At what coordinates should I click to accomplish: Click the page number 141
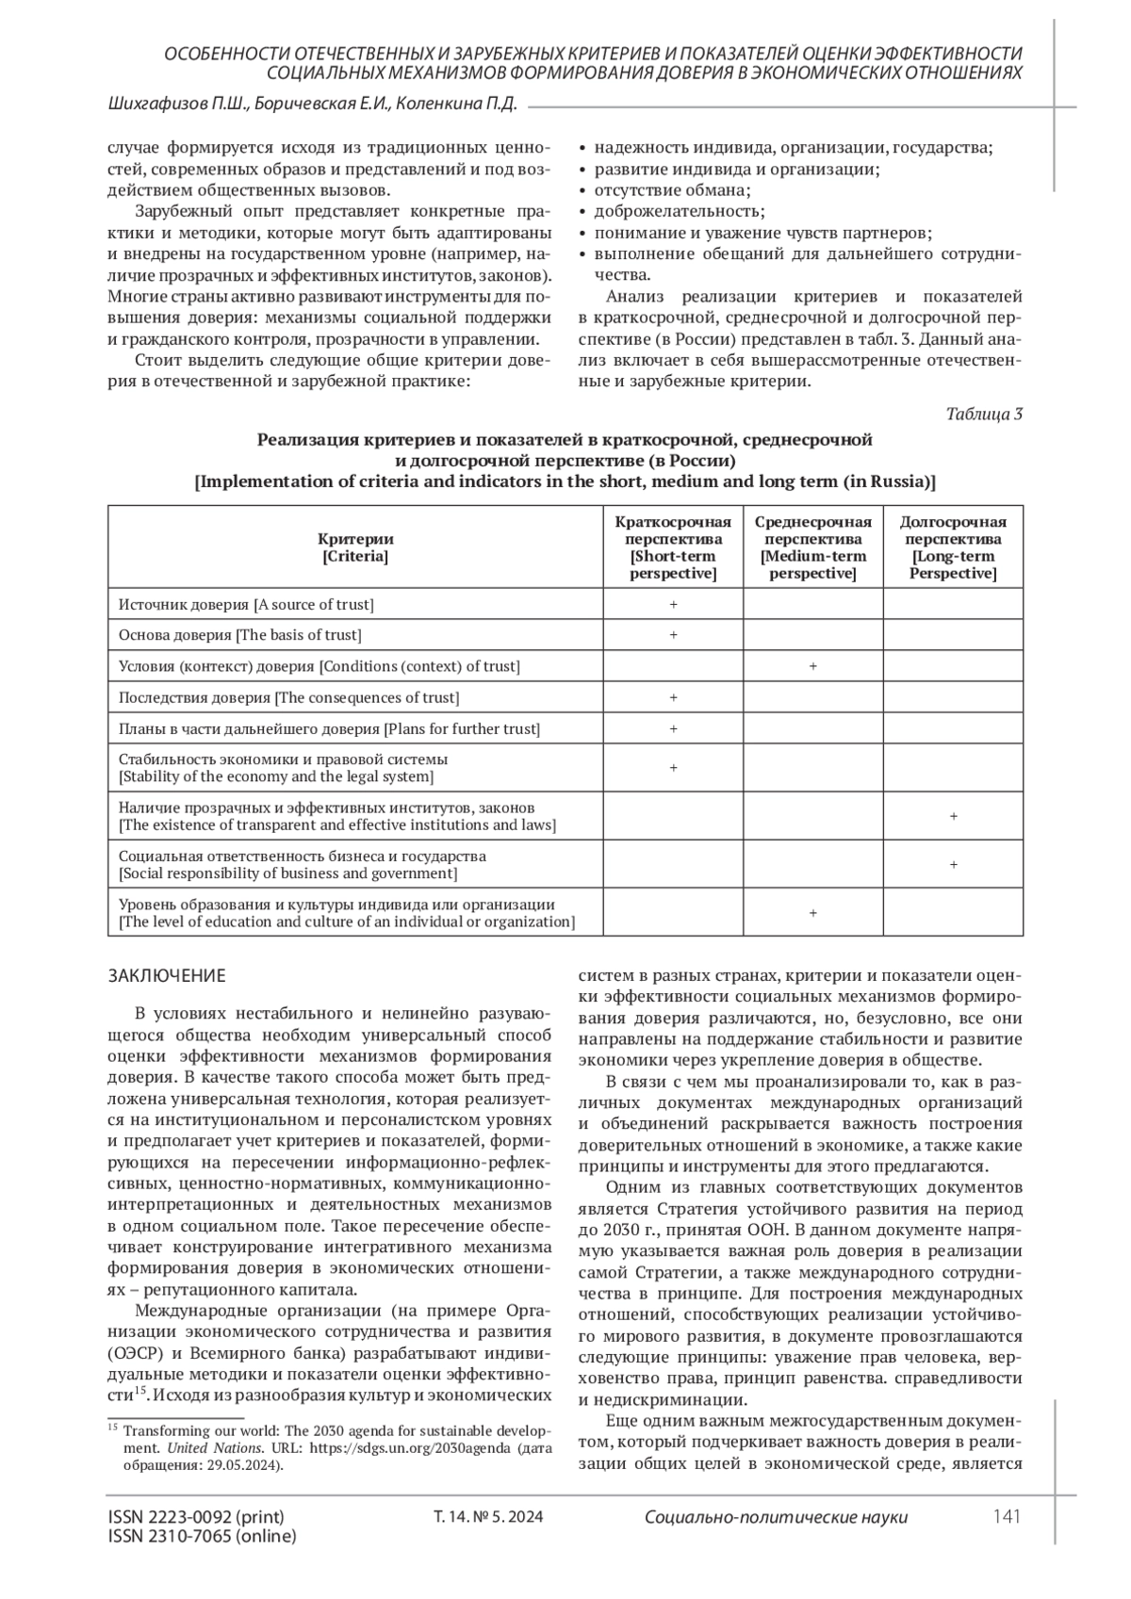(1007, 1516)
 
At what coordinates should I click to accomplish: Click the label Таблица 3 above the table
(985, 414)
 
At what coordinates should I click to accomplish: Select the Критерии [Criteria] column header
(355, 547)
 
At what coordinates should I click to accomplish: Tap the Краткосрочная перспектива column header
(673, 547)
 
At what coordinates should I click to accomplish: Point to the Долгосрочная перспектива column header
(953, 547)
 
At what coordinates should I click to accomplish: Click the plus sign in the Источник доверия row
(673, 604)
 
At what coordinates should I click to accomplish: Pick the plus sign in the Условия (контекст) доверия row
(812, 666)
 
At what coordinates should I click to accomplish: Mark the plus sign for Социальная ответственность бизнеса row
(953, 864)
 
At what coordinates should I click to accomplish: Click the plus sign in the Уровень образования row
(812, 913)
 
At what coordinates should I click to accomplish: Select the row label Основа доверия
(239, 635)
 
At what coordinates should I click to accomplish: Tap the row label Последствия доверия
(288, 697)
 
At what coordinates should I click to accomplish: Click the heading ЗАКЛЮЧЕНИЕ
(167, 974)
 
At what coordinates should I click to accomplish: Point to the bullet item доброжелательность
(679, 210)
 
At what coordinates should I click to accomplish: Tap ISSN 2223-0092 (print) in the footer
(196, 1516)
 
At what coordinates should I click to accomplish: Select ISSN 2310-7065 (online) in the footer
(202, 1536)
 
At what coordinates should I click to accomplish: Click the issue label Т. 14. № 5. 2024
(488, 1517)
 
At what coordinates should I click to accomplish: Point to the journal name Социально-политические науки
(777, 1517)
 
